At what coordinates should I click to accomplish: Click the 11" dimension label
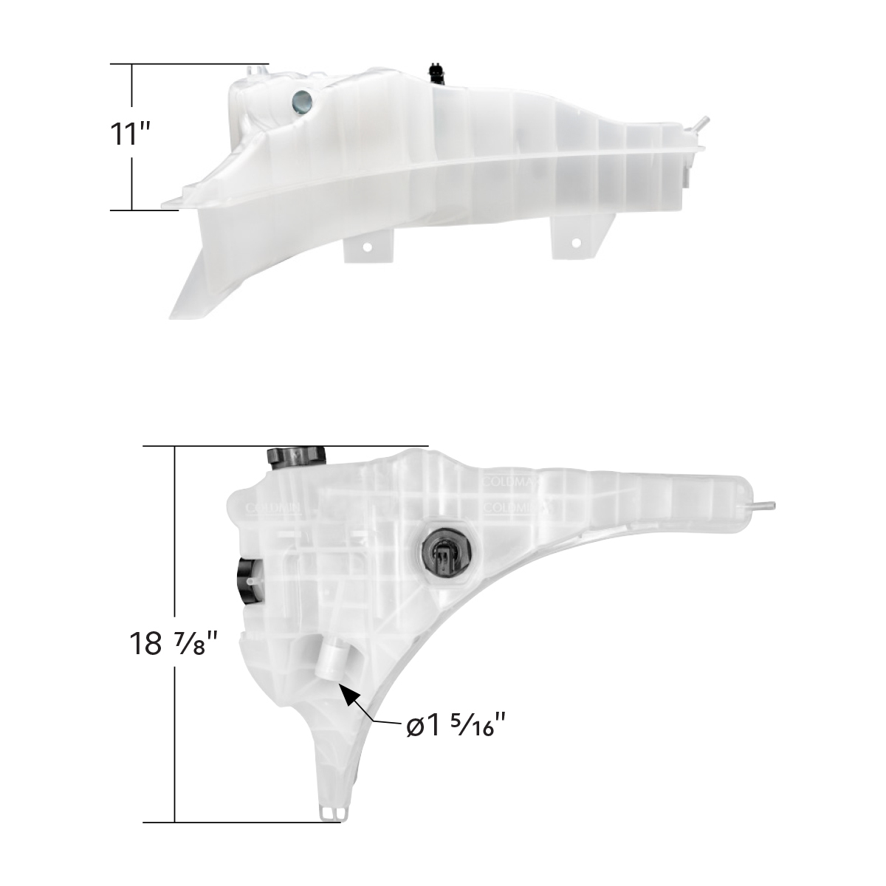[x=131, y=137]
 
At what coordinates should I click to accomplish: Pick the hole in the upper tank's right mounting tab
[x=576, y=241]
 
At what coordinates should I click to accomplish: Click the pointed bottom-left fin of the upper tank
[x=185, y=295]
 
